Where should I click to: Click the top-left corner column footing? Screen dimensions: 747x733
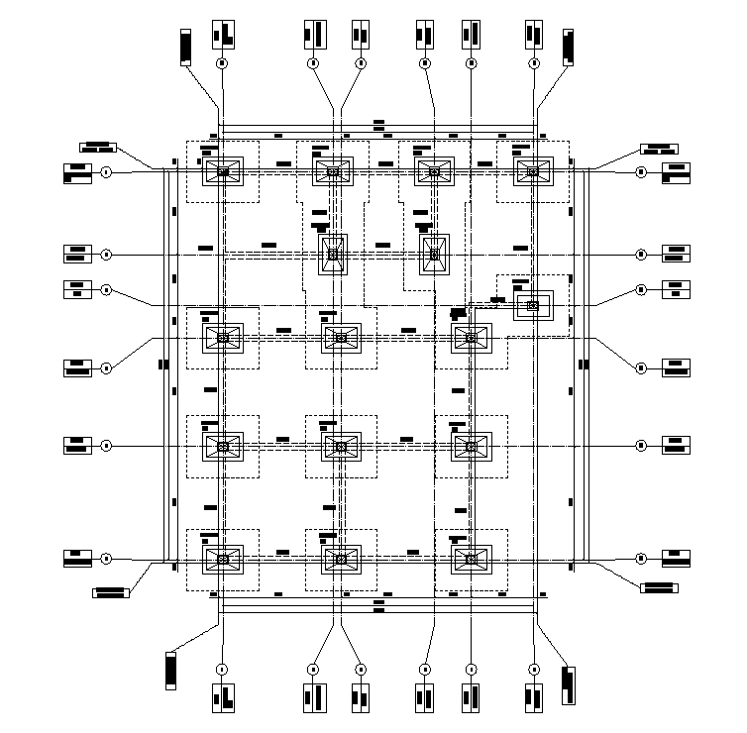(x=223, y=171)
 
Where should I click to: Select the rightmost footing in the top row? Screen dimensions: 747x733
(x=533, y=171)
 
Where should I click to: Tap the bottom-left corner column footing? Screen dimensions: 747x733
(x=223, y=560)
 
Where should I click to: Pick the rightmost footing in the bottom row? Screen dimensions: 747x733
(x=472, y=560)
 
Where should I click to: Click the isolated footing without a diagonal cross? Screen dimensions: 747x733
(x=533, y=305)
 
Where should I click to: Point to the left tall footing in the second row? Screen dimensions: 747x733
(x=333, y=255)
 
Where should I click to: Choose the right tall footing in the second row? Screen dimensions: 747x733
(x=434, y=255)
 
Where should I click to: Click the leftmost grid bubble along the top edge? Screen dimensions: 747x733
(x=223, y=62)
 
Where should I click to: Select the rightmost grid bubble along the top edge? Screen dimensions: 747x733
(x=534, y=62)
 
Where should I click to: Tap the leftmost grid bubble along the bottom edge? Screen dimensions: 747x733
(x=223, y=670)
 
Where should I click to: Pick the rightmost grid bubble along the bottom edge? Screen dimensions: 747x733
(x=534, y=670)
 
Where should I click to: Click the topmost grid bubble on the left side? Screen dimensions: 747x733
(x=106, y=171)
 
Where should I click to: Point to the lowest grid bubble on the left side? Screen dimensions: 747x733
(x=106, y=560)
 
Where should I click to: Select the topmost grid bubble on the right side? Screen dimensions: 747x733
(x=641, y=171)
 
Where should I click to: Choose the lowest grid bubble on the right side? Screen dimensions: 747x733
(x=641, y=560)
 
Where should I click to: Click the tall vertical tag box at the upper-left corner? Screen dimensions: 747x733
(x=185, y=48)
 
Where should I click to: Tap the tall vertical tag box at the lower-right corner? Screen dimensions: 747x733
(x=568, y=685)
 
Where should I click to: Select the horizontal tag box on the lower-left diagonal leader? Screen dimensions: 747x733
(x=111, y=592)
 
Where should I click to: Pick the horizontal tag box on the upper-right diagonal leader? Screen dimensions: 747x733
(x=658, y=149)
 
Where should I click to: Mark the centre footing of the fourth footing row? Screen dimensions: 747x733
(x=341, y=448)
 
